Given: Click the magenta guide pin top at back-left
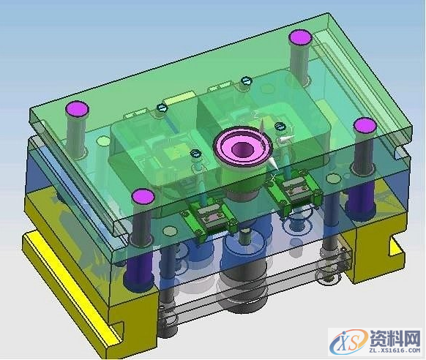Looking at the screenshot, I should (x=77, y=110).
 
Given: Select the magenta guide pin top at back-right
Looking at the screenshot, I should (x=300, y=37).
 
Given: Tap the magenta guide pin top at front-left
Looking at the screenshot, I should (x=143, y=196).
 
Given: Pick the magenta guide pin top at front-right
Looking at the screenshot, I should (x=365, y=126).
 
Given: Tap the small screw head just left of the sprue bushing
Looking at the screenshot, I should (x=195, y=153).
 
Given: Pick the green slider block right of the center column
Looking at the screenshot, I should (x=297, y=190).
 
